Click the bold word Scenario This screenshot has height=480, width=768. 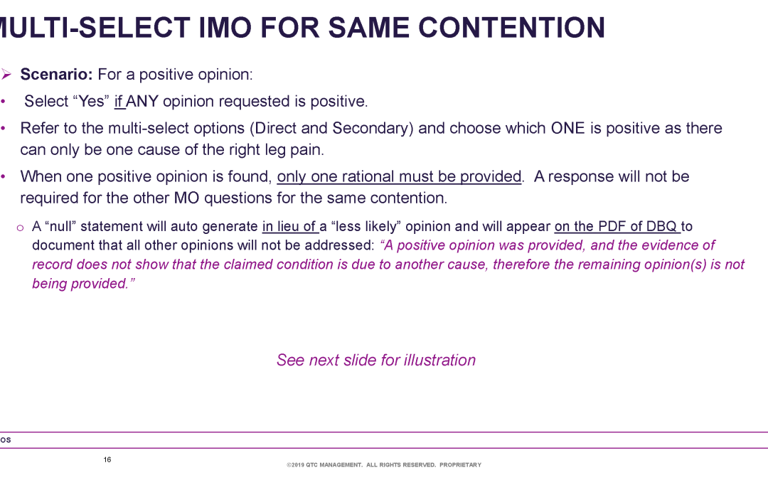coord(56,75)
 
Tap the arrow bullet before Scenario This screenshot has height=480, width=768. coord(6,75)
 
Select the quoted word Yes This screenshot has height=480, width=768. coord(91,102)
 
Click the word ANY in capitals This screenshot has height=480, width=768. coord(142,102)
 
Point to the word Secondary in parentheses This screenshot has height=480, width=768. coord(373,128)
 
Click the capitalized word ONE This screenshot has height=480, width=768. coord(567,128)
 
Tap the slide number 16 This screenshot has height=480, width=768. coord(107,459)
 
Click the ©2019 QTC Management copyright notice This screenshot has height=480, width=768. coord(384,465)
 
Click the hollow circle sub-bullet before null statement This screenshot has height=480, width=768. coord(20,228)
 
